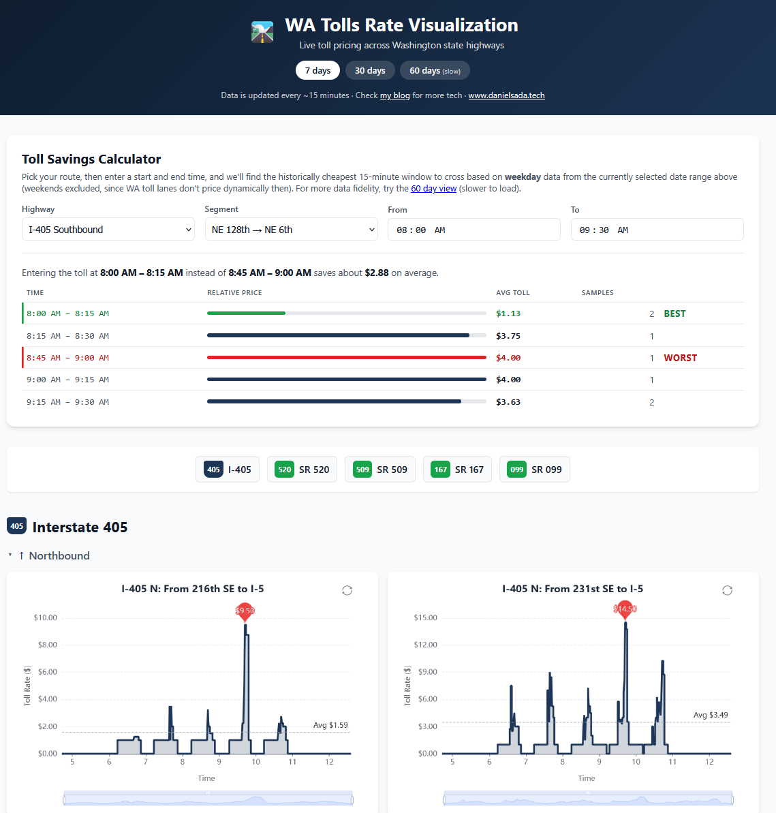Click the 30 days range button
369,70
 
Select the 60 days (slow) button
435,70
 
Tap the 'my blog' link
395,95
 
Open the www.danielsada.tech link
506,95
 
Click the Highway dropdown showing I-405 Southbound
108,229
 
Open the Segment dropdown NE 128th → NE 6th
292,229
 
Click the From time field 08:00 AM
474,229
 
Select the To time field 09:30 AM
657,229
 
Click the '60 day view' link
433,189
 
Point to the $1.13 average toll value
508,313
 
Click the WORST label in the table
680,358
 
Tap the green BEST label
674,313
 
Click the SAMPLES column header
597,293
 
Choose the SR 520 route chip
302,470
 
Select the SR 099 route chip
534,470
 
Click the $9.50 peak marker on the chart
245,612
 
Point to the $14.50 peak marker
625,611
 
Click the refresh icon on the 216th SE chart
347,590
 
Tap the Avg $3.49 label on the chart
711,715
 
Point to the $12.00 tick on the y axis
425,645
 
